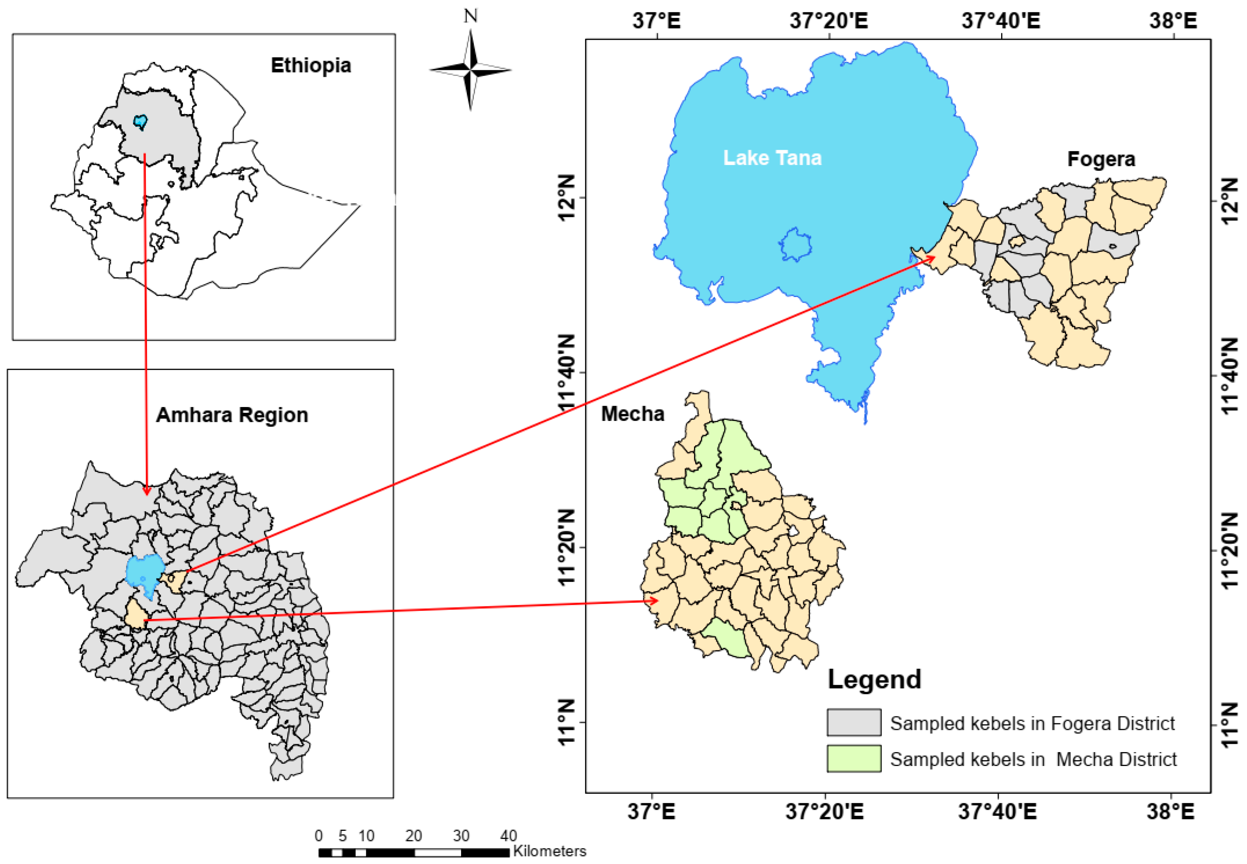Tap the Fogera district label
click(1101, 159)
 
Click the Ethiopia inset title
click(311, 66)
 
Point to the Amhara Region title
click(232, 415)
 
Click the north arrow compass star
click(470, 69)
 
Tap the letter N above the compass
click(470, 16)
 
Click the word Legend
click(874, 679)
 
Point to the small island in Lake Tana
click(795, 245)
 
